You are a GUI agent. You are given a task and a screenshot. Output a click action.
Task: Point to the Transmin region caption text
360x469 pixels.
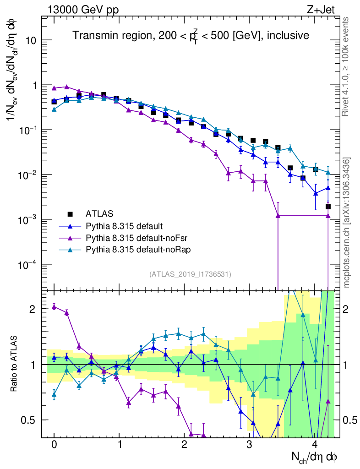(x=191, y=35)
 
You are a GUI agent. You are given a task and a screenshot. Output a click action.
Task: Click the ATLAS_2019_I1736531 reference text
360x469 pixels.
(x=190, y=274)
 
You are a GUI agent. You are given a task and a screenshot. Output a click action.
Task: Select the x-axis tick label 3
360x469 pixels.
(x=249, y=445)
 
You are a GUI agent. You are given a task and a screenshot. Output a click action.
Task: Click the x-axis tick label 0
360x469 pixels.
(x=54, y=445)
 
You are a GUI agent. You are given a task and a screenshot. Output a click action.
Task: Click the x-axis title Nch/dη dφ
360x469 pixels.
(x=315, y=457)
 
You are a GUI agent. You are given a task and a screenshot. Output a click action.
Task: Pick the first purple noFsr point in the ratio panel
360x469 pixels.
(x=54, y=306)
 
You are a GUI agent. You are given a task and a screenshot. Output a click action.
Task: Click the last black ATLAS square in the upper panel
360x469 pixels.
(x=328, y=207)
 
